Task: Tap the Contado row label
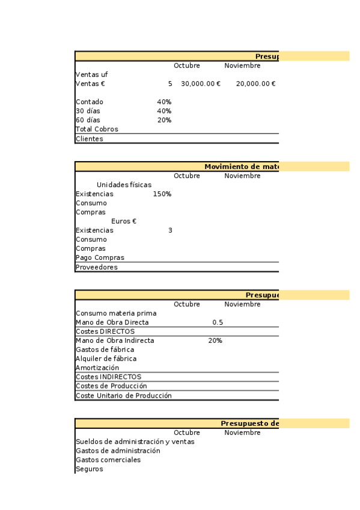pyautogui.click(x=90, y=102)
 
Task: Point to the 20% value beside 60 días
pyautogui.click(x=164, y=120)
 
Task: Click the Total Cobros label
pyautogui.click(x=97, y=129)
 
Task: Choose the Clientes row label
pyautogui.click(x=90, y=139)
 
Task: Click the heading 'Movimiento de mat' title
pyautogui.click(x=242, y=167)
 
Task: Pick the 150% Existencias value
pyautogui.click(x=162, y=194)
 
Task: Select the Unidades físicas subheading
pyautogui.click(x=124, y=185)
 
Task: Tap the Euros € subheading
pyautogui.click(x=124, y=221)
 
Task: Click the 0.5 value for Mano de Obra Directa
pyautogui.click(x=218, y=322)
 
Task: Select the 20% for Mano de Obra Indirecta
pyautogui.click(x=215, y=340)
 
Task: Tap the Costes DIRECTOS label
pyautogui.click(x=105, y=331)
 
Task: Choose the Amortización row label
pyautogui.click(x=97, y=367)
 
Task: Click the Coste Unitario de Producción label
pyautogui.click(x=124, y=396)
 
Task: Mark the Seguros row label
pyautogui.click(x=90, y=469)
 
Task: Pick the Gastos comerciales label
pyautogui.click(x=108, y=460)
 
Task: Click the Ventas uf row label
pyautogui.click(x=92, y=75)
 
